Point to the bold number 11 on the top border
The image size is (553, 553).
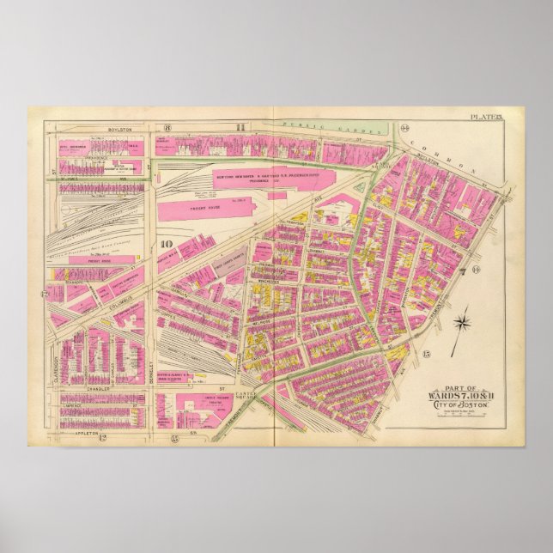coord(241,128)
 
